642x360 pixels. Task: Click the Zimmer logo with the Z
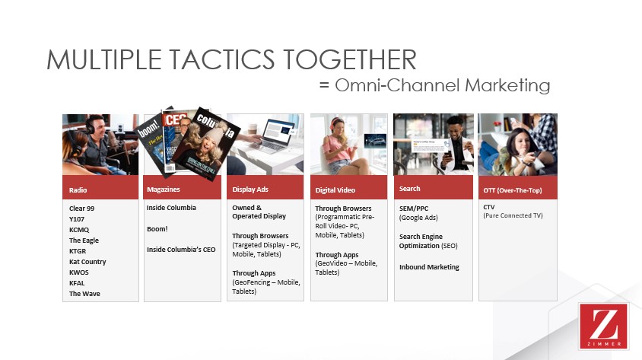[x=603, y=326]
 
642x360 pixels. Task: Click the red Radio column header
[x=100, y=189]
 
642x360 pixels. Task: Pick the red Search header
[x=410, y=189]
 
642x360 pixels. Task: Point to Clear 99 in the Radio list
[x=83, y=208]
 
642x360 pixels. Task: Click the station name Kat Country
[x=87, y=262]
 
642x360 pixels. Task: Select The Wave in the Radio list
[x=84, y=294]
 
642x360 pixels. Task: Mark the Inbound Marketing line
[x=429, y=267]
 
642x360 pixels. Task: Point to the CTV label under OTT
[x=490, y=207]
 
